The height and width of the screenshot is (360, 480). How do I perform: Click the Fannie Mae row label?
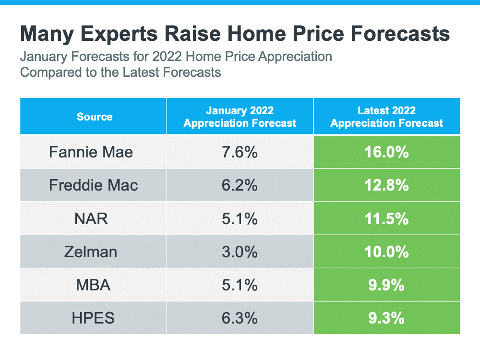(91, 153)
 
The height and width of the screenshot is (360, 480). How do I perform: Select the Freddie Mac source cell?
(94, 185)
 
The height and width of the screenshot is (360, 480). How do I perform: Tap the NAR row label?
(91, 219)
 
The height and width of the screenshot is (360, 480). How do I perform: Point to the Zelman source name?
(91, 252)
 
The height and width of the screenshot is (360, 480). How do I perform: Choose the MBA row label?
(93, 285)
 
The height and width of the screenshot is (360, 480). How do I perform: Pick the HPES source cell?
(93, 318)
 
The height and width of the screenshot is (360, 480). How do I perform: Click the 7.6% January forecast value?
(240, 153)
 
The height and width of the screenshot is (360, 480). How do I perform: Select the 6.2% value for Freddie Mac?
(240, 185)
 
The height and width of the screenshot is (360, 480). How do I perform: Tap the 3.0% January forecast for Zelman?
(240, 252)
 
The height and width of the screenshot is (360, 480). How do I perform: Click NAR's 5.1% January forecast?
(240, 219)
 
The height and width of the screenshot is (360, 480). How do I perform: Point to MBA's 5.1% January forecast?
(240, 285)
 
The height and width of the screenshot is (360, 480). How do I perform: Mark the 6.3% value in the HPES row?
(240, 318)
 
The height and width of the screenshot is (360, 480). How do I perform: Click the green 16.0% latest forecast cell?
(387, 153)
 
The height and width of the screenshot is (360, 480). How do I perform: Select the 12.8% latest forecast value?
(387, 185)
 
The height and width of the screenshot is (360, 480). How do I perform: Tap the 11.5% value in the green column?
(387, 219)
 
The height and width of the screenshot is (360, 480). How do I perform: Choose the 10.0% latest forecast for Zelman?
(387, 252)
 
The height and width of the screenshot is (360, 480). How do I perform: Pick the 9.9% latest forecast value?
(387, 285)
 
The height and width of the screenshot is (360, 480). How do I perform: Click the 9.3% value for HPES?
(387, 318)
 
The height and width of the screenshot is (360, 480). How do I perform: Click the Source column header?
(95, 117)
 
